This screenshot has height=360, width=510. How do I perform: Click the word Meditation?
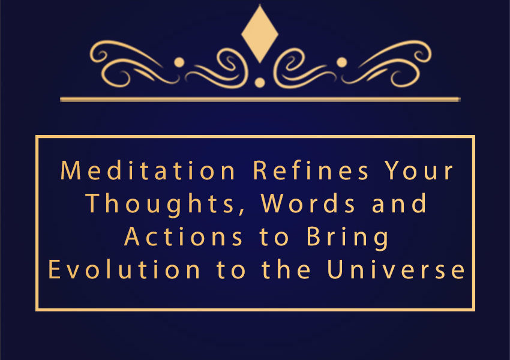coord(148,170)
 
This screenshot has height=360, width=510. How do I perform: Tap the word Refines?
coord(311,170)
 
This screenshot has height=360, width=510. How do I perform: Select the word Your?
coord(419,170)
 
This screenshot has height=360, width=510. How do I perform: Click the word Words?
coord(308,203)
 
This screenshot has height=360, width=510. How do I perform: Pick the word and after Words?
coord(399,203)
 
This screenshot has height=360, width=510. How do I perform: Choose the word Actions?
coord(184,236)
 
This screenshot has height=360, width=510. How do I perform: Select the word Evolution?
coord(124,269)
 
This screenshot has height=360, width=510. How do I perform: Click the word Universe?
coord(396,269)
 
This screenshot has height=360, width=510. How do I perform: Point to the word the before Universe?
coord(286,269)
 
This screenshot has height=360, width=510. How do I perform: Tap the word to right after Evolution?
coord(230,270)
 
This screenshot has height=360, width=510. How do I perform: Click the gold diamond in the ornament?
coord(260,34)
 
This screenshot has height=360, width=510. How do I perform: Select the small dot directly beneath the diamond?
coord(260,83)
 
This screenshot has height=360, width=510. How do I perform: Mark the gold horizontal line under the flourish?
coord(260,99)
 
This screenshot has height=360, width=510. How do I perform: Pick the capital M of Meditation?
coord(71,170)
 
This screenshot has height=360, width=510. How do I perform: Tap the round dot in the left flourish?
coord(179,62)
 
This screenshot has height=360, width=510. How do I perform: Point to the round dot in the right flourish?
coord(341,62)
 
